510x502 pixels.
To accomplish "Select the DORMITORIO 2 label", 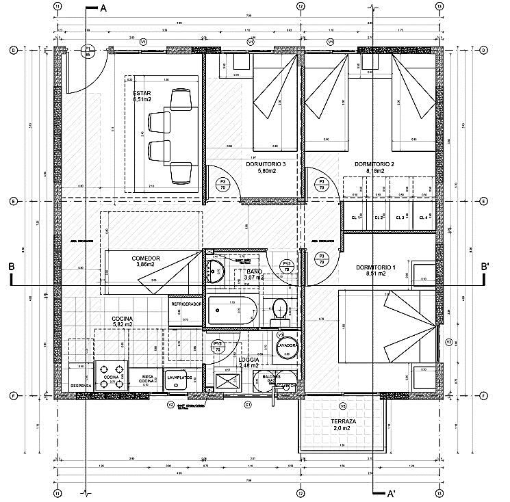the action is click(x=374, y=164).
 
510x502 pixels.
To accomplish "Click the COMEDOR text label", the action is click(x=145, y=259).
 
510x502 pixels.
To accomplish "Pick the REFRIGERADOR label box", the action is click(x=186, y=304).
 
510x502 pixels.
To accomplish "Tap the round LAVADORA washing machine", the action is click(x=286, y=345).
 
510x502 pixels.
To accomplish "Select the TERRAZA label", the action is click(x=342, y=421).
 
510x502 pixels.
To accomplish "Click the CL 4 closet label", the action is click(x=424, y=217).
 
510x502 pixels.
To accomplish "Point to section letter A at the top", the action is click(x=103, y=9).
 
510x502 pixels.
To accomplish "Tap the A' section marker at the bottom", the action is click(x=390, y=492).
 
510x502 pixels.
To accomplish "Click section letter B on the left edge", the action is click(x=12, y=267).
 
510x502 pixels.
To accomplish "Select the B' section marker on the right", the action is click(x=485, y=266).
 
